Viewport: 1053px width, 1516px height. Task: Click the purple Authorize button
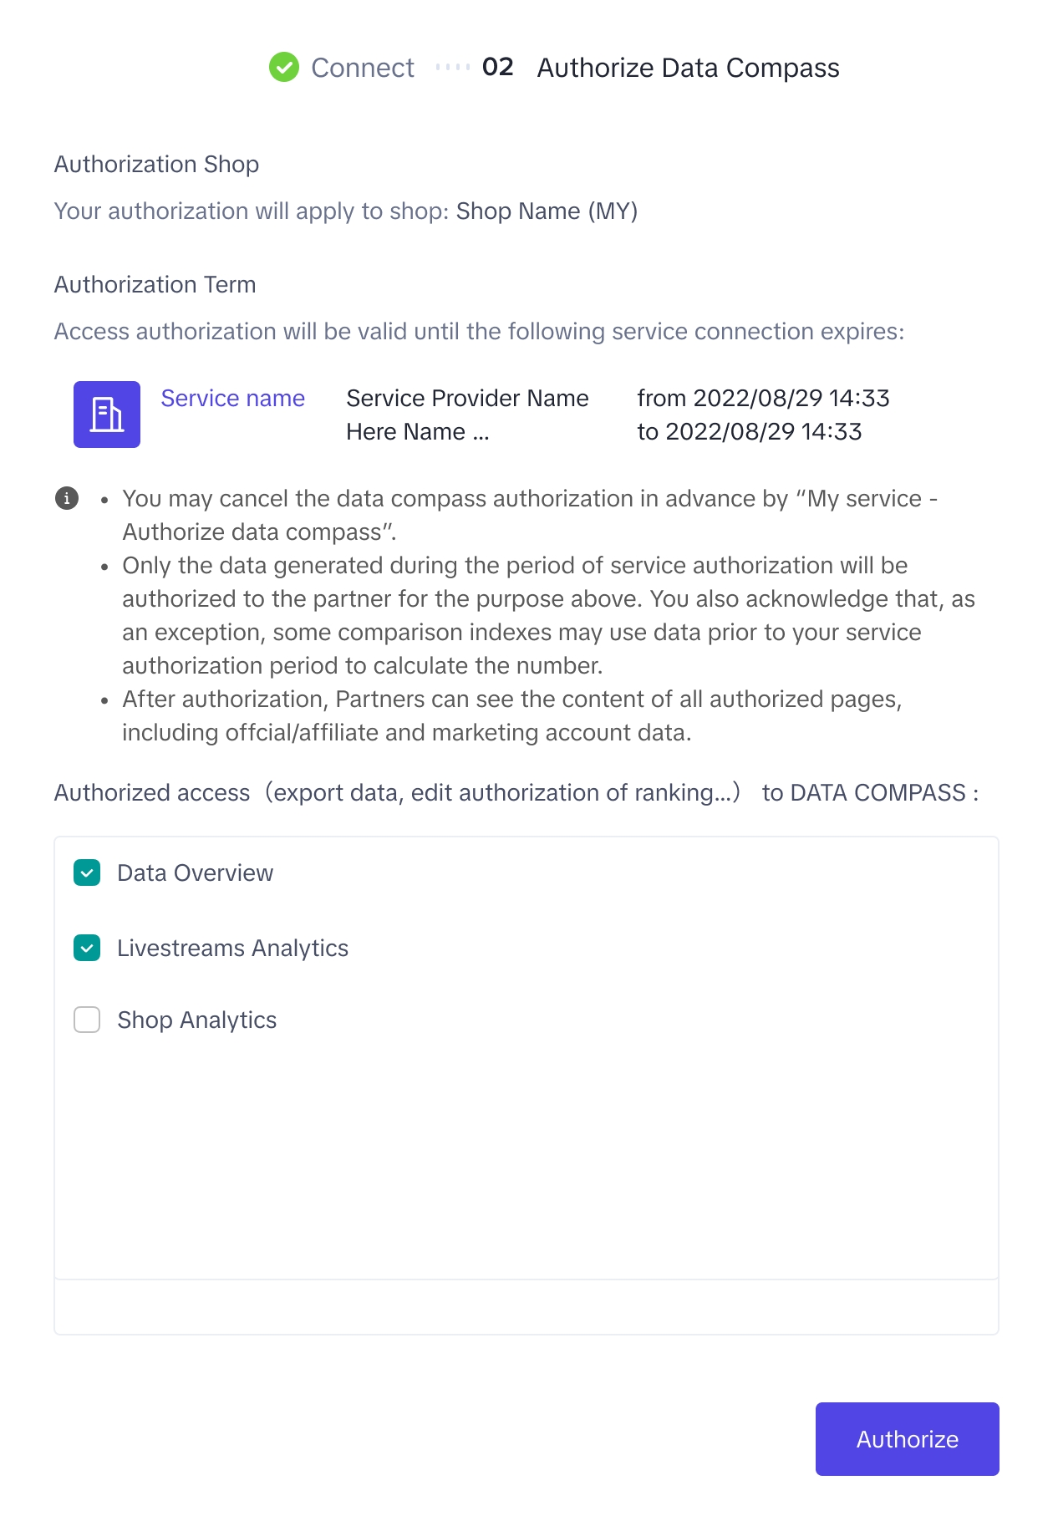pos(907,1438)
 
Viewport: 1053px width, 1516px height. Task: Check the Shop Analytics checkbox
pos(87,1020)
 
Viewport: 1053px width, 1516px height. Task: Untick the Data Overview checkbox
pos(87,872)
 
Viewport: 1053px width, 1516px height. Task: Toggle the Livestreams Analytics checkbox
pos(87,948)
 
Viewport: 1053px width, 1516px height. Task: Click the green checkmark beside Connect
pos(284,67)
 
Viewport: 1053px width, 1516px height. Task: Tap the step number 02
pos(498,67)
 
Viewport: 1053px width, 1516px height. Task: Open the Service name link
pos(232,399)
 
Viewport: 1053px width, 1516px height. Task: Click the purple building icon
pos(107,415)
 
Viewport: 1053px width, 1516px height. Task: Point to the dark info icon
pos(67,498)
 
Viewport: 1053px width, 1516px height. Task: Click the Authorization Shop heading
pos(156,165)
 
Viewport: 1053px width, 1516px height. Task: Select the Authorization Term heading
pos(155,285)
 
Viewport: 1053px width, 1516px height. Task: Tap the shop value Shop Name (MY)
pos(547,211)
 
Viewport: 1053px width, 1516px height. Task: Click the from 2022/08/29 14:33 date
pos(763,399)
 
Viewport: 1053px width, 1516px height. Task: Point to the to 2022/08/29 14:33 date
pos(749,432)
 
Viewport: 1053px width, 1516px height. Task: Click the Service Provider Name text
pos(467,399)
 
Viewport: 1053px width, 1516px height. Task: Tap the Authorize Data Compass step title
pos(688,68)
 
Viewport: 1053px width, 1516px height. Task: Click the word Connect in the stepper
pos(363,68)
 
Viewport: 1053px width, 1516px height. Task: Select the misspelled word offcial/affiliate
pos(251,733)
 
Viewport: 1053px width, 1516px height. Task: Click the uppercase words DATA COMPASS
pos(877,793)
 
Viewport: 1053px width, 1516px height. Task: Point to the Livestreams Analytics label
pos(232,949)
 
